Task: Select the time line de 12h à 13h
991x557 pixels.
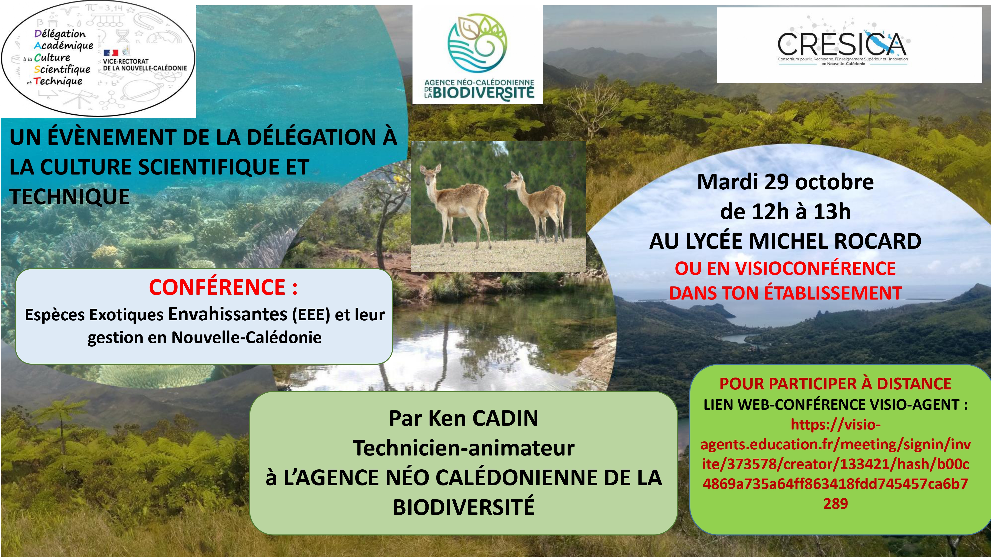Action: [785, 211]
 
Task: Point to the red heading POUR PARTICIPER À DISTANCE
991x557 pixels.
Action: [835, 384]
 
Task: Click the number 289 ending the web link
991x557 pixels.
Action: [836, 503]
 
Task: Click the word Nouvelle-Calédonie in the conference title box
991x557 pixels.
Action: [246, 337]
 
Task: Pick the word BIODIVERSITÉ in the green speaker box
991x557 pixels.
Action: [464, 507]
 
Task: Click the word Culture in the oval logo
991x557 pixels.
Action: [52, 58]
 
